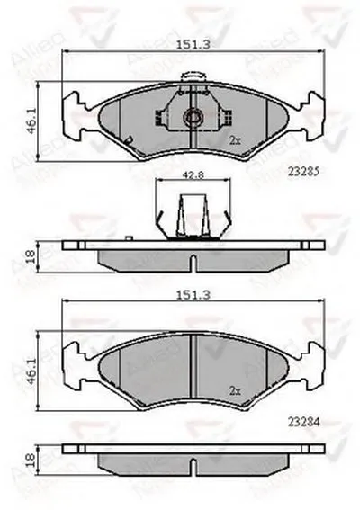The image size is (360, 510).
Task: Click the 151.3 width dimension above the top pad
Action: (189, 42)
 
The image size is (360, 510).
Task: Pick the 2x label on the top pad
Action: (235, 141)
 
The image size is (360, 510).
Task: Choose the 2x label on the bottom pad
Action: (235, 390)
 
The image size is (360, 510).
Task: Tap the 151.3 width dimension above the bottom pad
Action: (189, 292)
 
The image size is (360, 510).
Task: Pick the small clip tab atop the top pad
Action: (190, 78)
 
